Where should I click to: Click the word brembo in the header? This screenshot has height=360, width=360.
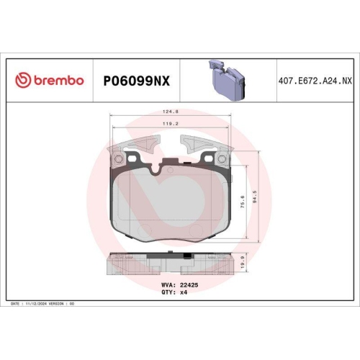(x=58, y=81)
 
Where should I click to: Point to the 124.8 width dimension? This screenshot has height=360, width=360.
(x=171, y=112)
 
